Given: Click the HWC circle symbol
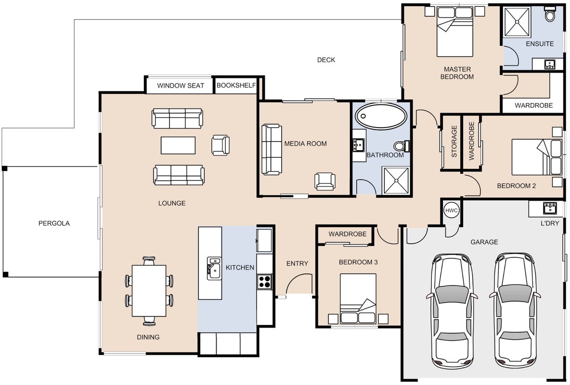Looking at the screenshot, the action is coord(452,210).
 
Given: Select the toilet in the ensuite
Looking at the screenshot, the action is coord(550,15).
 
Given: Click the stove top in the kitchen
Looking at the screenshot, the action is coord(265,282).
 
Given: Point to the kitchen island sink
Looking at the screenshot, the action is coord(214,269).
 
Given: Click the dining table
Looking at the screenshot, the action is coord(149,291).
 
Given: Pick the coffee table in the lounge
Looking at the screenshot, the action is coord(178,145).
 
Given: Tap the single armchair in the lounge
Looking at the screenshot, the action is coord(220,145).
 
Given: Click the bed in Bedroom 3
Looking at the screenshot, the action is coord(358,298).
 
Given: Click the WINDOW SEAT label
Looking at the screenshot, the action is coord(181,86).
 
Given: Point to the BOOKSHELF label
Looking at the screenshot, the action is coord(236,86).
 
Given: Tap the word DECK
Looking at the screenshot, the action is coord(326,60).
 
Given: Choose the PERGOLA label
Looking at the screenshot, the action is coord(54,224).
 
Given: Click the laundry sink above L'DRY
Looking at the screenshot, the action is coord(550,208).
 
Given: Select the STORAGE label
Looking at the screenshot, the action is coord(454,141).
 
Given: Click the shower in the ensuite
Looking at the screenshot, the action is coord(518,22).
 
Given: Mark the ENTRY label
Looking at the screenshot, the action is coord(298,264).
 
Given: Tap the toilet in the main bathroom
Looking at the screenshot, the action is coord(402,146).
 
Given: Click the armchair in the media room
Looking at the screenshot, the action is coord(325,181).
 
